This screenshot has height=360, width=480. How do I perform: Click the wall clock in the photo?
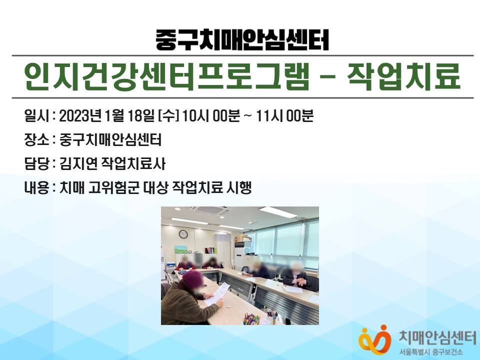pos(183,234)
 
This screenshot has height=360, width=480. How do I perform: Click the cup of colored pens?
pos(251,318)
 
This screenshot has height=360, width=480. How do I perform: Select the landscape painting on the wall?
pos(181,249)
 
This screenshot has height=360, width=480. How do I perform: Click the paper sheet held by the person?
pos(217,293)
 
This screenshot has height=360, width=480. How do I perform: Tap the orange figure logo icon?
pos(374,340)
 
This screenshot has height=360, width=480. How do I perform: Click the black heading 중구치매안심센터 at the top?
pos(242,40)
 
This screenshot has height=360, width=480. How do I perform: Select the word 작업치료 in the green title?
pos(404,76)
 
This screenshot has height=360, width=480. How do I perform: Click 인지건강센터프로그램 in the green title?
pos(166,76)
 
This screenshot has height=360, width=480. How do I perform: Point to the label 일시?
pos(36,116)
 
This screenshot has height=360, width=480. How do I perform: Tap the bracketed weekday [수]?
pos(168,116)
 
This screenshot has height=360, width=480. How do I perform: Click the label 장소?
pos(36,140)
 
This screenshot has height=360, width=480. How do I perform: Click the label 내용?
pos(36,187)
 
